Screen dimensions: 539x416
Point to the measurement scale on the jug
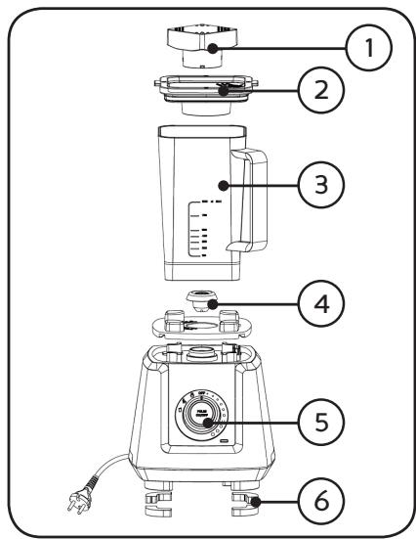tap(200, 230)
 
